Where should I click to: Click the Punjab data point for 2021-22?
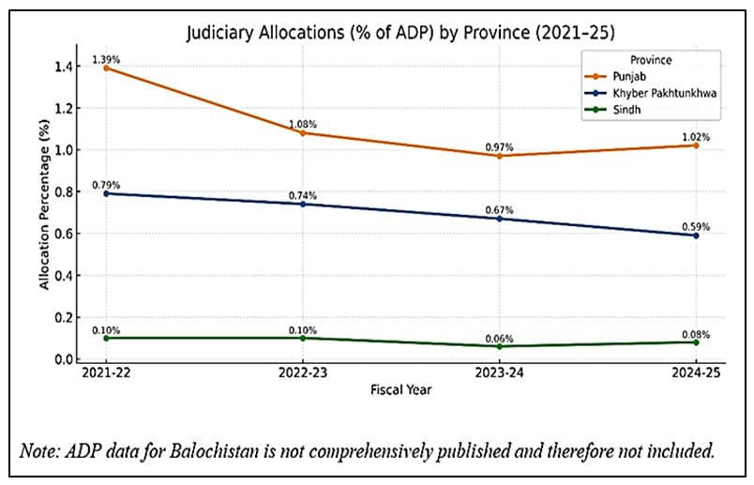[106, 68]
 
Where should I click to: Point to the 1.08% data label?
[303, 124]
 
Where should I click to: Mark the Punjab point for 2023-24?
[499, 156]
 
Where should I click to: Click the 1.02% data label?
[695, 137]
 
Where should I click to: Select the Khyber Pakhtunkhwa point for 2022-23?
[303, 204]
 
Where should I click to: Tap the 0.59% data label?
[695, 226]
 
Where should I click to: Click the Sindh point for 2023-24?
[499, 346]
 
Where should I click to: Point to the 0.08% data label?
[695, 334]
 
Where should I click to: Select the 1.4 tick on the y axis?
[64, 67]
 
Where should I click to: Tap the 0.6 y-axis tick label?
[64, 234]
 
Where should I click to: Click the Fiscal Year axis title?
[400, 391]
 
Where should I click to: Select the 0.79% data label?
[106, 184]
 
